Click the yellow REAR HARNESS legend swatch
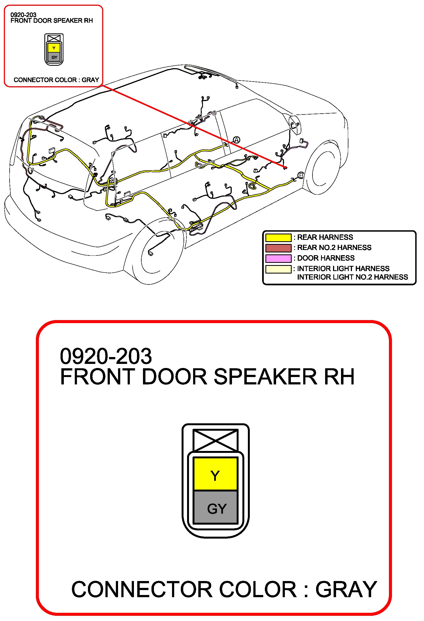(278, 237)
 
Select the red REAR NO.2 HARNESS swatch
(278, 248)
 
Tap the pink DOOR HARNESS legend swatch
(278, 258)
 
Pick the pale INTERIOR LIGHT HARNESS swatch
(278, 269)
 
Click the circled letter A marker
(236, 140)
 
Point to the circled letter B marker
(301, 175)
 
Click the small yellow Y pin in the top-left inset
(54, 48)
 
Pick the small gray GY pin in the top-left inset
(54, 57)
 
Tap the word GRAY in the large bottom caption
(346, 589)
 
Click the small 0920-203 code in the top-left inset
(23, 15)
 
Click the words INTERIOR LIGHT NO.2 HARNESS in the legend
(352, 277)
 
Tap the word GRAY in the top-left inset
(90, 80)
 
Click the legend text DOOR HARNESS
(326, 258)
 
